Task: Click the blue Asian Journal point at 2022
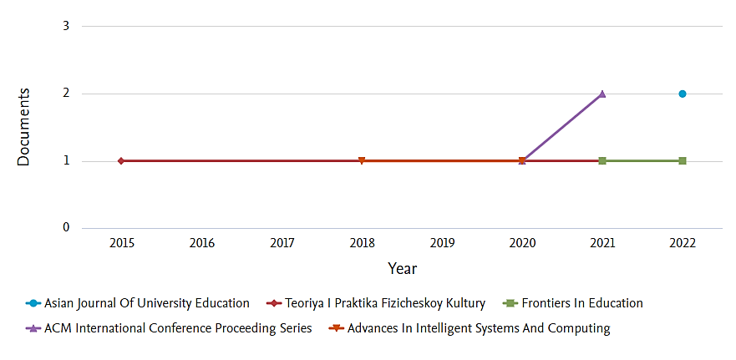point(683,94)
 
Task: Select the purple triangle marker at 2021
point(602,94)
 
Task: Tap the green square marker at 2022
point(683,160)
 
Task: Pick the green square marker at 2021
point(602,160)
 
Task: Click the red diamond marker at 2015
point(121,160)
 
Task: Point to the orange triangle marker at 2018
point(362,160)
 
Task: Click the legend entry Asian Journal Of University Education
point(146,303)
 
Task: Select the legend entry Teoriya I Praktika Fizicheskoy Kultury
point(385,303)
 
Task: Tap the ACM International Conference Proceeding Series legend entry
point(178,328)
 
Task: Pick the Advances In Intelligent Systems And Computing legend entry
point(479,328)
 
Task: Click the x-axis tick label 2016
point(201,243)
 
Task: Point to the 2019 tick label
point(442,243)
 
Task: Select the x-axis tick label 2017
point(282,243)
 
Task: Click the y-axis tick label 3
point(65,26)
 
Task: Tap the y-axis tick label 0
point(65,228)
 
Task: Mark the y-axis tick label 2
point(65,94)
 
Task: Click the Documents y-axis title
point(24,127)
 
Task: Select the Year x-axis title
point(402,269)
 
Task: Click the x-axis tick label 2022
point(683,243)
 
